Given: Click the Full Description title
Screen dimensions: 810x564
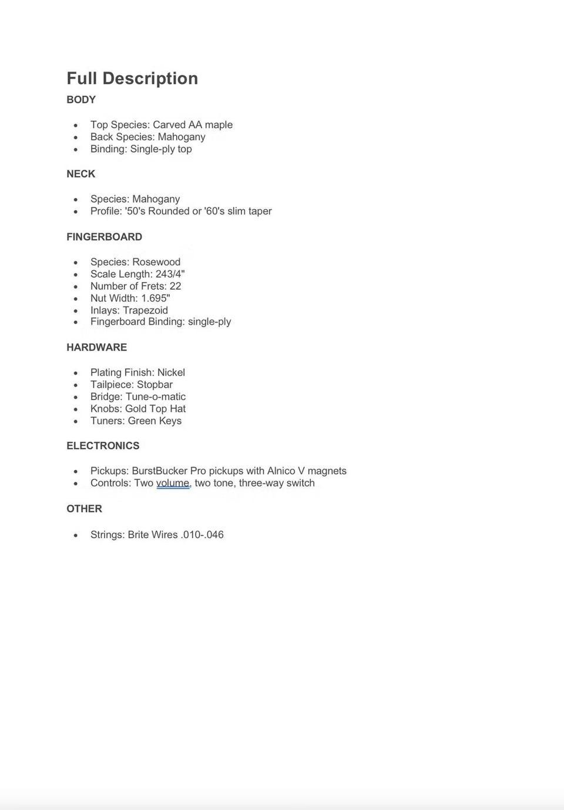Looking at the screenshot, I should coord(132,78).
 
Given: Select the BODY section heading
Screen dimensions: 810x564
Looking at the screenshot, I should coord(81,100).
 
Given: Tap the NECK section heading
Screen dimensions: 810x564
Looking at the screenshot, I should coord(80,174).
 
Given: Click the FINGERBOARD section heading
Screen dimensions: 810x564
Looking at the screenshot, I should coord(104,237).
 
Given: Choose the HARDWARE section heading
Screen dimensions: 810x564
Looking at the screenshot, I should coord(96,347).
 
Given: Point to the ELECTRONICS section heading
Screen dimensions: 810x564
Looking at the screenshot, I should coord(103,446).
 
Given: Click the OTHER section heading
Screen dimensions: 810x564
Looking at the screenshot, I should coord(84,509).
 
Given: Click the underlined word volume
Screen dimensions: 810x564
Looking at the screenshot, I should coord(173,483).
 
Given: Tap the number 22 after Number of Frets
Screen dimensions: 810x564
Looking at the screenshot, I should coord(175,286).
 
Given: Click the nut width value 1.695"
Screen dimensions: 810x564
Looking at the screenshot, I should coord(155,298).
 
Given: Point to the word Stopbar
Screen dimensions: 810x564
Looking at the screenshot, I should coord(155,385).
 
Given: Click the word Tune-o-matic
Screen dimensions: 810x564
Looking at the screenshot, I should coord(156,397).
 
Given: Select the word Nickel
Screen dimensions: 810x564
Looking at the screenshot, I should coord(171,372).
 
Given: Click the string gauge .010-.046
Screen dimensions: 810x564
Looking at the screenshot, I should coord(202,535).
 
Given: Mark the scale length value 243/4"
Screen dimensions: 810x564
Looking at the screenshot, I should coord(170,274).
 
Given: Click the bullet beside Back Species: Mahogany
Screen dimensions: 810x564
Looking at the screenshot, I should coord(76,137).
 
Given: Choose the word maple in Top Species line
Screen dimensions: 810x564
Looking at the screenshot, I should coord(219,125).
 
